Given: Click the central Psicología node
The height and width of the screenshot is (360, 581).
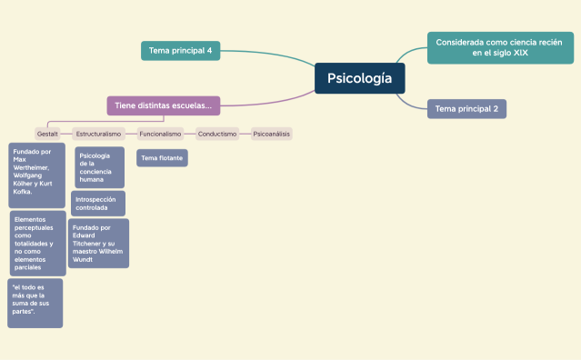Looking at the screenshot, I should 360,78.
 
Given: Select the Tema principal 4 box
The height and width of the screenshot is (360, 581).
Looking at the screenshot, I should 180,51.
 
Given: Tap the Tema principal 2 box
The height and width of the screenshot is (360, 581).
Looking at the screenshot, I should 466,109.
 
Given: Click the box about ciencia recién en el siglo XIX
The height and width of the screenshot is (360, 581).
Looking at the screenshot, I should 500,47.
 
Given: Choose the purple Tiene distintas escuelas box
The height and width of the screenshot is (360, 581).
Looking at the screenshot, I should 164,105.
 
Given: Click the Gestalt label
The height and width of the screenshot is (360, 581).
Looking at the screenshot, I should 47,134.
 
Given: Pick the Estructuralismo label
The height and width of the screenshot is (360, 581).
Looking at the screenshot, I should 98,134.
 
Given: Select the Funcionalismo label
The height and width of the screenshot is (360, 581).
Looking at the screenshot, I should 159,134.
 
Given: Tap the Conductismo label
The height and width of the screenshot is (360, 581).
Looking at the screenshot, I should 216,134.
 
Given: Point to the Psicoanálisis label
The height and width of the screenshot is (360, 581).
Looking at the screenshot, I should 271,134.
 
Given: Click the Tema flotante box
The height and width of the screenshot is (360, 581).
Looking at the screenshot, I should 162,158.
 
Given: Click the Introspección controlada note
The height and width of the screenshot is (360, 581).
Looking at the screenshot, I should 97,203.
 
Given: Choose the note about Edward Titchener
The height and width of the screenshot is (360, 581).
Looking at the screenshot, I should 98,243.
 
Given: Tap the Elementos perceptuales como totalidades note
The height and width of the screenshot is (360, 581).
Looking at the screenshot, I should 37,243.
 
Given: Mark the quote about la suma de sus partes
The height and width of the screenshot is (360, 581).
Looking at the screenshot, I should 35,303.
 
